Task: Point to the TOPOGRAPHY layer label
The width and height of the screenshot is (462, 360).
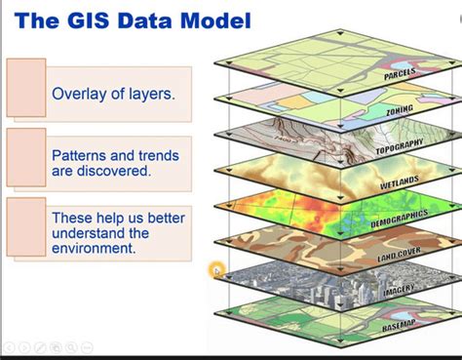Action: (401, 146)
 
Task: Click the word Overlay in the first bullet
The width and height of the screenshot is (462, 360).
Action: (79, 95)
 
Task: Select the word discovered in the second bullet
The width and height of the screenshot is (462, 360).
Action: (118, 170)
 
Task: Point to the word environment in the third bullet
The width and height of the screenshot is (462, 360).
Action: (95, 248)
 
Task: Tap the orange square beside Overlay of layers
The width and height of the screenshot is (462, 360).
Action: (26, 83)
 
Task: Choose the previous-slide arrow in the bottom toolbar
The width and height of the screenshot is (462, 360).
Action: (10, 347)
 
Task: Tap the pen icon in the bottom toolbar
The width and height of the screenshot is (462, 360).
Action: (41, 347)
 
